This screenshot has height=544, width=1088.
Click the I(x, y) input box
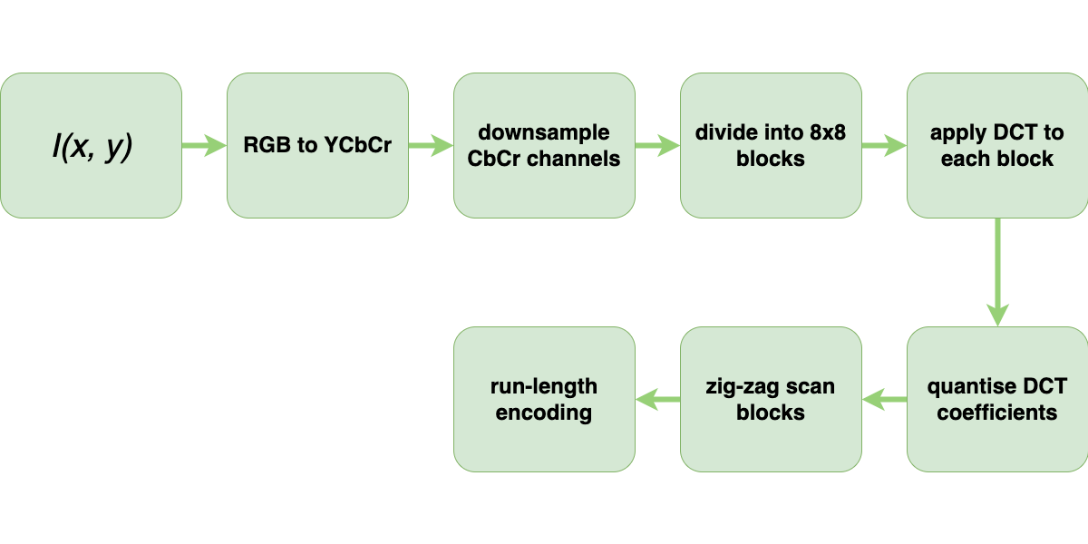pos(91,145)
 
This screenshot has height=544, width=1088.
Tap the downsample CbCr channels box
pos(544,145)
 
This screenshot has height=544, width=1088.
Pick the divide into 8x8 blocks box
pos(771,145)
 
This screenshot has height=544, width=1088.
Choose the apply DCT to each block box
pos(997,145)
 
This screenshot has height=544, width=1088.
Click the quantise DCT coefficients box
pos(997,399)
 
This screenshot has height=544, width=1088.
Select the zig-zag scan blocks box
pos(771,399)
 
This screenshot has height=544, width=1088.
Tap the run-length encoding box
pos(544,399)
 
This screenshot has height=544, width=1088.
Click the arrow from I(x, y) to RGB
pos(204,145)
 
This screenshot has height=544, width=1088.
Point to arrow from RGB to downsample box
pos(431,145)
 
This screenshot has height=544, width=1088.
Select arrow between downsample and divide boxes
pos(657,145)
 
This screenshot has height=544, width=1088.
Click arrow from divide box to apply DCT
pos(884,145)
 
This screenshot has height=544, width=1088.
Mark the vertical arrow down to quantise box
pos(997,272)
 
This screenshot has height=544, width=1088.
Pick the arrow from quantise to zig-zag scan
pos(884,399)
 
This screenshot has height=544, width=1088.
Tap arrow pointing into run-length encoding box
pos(657,399)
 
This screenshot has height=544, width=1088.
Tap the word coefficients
pos(997,413)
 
